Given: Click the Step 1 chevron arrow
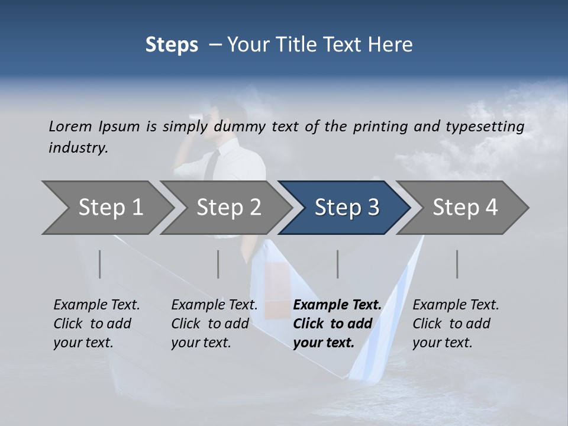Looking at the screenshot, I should click(x=110, y=208).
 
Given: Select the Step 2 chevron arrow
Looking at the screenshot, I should click(x=228, y=208).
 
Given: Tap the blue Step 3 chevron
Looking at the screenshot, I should click(x=346, y=208).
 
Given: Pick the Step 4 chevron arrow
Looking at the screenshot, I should click(x=464, y=208).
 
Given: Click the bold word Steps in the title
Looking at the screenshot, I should click(x=172, y=45).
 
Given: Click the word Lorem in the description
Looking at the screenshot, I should click(x=70, y=127).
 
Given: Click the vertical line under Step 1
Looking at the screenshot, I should click(x=100, y=264).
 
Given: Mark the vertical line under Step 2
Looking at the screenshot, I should click(x=218, y=264).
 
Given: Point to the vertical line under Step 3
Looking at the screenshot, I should click(x=338, y=264).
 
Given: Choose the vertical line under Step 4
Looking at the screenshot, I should click(x=457, y=264).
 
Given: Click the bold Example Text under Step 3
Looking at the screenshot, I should click(x=337, y=305).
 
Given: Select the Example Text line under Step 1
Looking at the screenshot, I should click(x=96, y=305).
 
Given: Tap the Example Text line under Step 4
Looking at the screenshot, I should click(x=456, y=305).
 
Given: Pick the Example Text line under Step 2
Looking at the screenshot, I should click(x=214, y=305).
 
